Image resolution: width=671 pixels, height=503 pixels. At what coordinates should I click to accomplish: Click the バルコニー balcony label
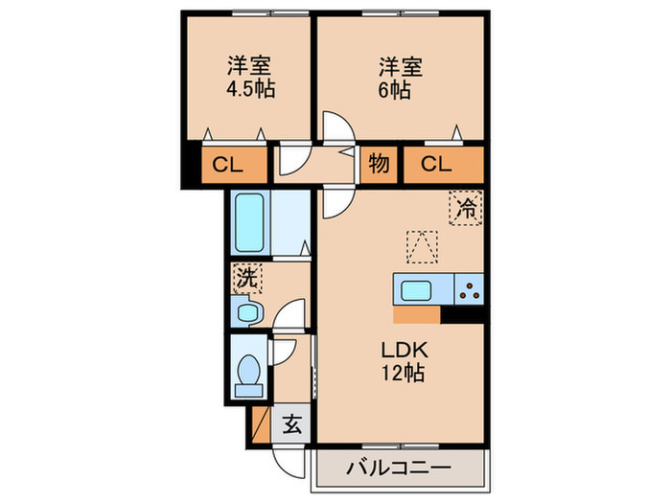click(399, 469)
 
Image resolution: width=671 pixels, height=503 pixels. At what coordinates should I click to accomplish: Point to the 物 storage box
click(379, 165)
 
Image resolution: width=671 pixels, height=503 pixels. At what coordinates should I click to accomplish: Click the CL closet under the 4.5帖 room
click(228, 165)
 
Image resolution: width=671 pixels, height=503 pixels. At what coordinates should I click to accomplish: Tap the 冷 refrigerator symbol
click(466, 207)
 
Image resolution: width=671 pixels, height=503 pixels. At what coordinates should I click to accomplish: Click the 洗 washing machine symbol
click(245, 280)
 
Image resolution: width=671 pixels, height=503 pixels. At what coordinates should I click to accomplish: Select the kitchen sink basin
click(418, 289)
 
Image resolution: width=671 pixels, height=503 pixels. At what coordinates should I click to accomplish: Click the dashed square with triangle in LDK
click(418, 245)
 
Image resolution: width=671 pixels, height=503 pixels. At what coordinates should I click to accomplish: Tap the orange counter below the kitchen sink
click(417, 314)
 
